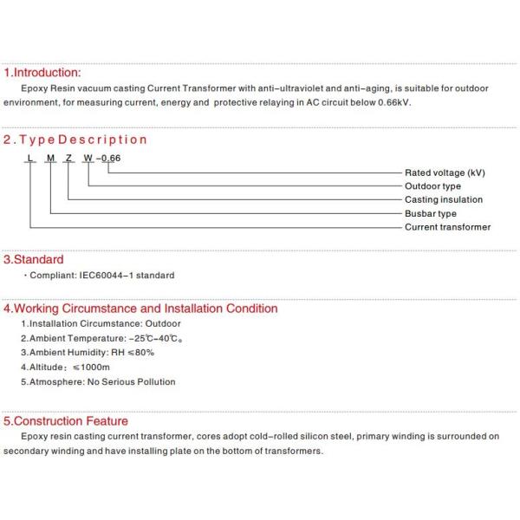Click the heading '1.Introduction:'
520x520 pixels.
point(42,73)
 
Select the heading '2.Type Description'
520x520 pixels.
point(75,140)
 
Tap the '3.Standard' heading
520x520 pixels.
point(34,259)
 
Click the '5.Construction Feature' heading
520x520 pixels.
point(66,421)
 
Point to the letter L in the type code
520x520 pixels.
point(30,158)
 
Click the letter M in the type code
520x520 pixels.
point(50,158)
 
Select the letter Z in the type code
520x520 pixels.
point(68,158)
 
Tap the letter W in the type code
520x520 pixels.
point(88,158)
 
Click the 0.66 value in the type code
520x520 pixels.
point(111,158)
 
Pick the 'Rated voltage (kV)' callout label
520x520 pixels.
point(445,172)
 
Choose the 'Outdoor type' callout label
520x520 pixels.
point(432,186)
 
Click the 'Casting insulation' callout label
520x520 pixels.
point(444,200)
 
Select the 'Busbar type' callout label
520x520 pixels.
point(431,214)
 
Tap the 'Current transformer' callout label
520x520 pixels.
point(447,227)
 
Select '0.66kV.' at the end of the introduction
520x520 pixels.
point(393,102)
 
